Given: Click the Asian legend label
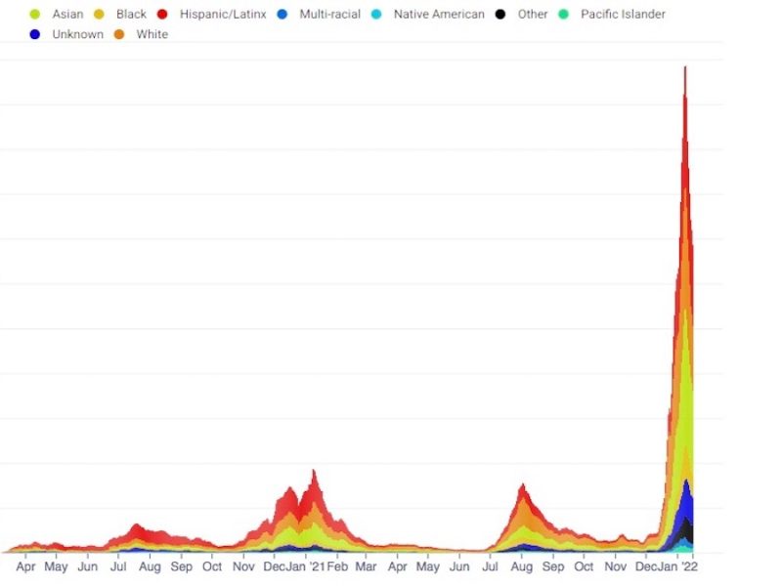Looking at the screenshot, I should (67, 15).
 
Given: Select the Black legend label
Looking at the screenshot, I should (131, 15).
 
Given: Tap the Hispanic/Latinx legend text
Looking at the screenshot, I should (223, 15).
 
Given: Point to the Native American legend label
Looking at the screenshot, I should (439, 15).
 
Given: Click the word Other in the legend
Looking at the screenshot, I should (533, 15).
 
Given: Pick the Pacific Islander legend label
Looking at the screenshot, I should (623, 15).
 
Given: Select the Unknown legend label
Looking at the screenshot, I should (77, 34).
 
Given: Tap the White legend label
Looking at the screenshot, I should (152, 34).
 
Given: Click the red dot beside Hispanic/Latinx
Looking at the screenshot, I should (162, 15).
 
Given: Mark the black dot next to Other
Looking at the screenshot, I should (500, 15).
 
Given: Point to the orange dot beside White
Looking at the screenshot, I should (118, 34).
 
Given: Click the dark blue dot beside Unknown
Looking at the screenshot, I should (35, 34).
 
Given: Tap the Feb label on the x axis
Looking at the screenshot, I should (338, 566).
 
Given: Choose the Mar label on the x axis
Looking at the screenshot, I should (366, 566).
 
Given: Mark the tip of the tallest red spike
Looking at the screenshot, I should (685, 66).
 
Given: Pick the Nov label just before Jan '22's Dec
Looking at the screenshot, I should (615, 566).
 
